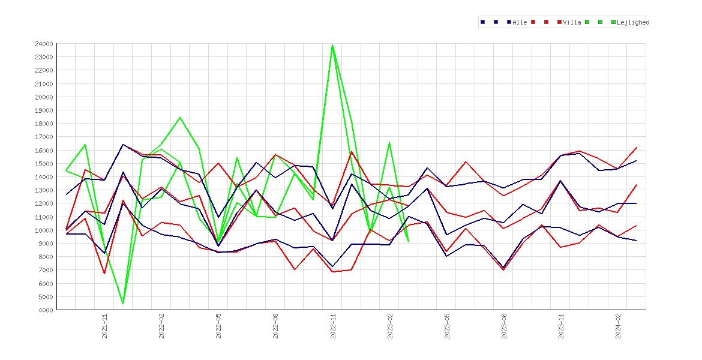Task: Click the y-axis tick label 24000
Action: coord(44,44)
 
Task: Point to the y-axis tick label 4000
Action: coord(46,310)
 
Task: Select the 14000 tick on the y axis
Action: coord(44,177)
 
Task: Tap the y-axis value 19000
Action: coord(44,110)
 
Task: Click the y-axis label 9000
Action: coord(46,244)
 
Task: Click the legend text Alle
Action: coord(520,22)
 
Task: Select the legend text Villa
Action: coord(572,22)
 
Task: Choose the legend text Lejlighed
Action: coord(633,22)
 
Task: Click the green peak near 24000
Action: coord(332,45)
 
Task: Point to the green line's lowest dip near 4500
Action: coord(122,303)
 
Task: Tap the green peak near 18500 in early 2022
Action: coord(180,118)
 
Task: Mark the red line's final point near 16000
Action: coord(636,148)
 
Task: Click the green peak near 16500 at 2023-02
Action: coord(389,143)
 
